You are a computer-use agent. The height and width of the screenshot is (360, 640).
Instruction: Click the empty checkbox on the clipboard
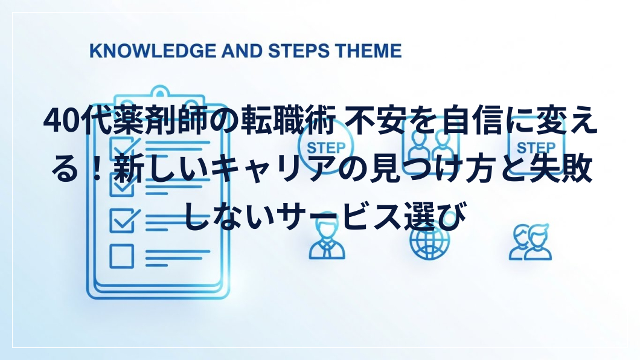[121, 256]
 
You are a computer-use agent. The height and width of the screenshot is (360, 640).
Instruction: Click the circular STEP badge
[325, 146]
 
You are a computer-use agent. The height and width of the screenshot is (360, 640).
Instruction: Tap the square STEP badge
[536, 146]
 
